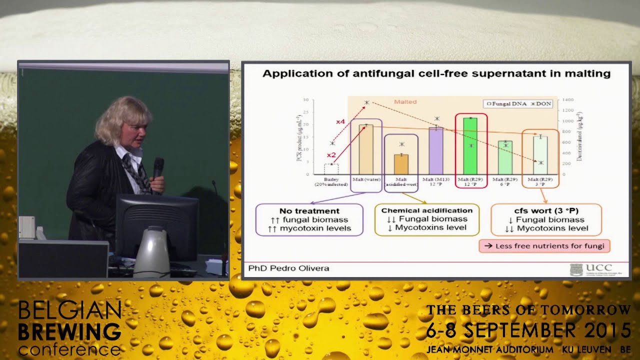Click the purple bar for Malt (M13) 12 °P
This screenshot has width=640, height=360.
[436, 151]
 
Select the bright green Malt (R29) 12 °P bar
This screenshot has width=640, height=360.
[470, 146]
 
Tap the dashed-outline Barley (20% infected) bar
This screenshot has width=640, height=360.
[331, 169]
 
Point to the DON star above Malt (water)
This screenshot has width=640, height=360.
[366, 102]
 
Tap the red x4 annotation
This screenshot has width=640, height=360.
[340, 122]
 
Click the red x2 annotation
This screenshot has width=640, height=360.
[331, 155]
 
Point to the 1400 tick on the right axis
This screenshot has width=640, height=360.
[568, 100]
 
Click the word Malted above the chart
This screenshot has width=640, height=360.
[405, 102]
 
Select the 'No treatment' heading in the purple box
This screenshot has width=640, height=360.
[309, 211]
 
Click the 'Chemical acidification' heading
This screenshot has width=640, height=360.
[427, 210]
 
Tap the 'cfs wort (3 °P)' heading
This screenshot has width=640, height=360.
[546, 211]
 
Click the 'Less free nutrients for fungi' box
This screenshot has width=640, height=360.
[544, 245]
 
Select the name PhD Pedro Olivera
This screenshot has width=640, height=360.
[288, 268]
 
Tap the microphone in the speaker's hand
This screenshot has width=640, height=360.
[158, 168]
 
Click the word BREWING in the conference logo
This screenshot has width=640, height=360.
[69, 331]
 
